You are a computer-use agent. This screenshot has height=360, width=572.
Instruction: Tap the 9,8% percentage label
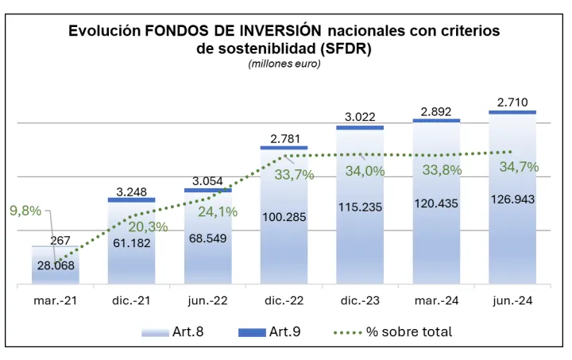[25, 211]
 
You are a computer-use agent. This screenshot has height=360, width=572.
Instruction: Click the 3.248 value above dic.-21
[132, 191]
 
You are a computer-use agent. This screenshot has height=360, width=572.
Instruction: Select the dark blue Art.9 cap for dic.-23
[360, 127]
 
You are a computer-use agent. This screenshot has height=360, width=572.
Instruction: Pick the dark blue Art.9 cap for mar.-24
[436, 120]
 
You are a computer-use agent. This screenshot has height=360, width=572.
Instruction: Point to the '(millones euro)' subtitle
[284, 64]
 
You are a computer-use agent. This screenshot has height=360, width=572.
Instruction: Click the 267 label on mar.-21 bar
[61, 241]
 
